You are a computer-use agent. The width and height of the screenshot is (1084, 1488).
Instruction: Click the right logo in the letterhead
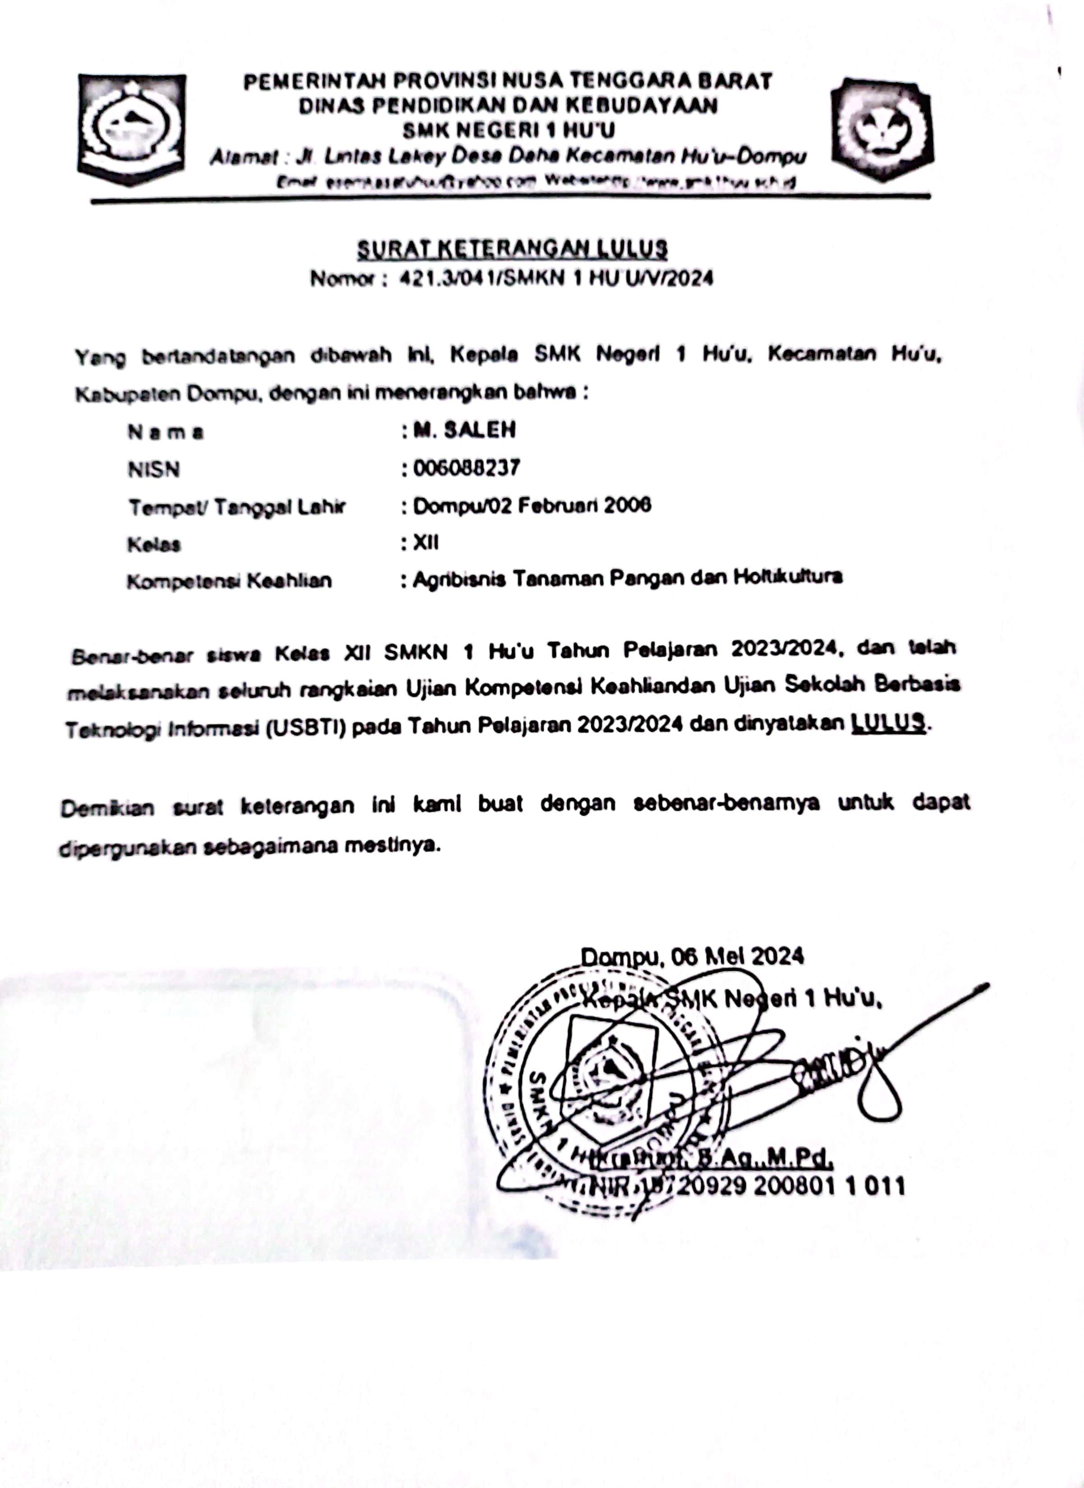882,129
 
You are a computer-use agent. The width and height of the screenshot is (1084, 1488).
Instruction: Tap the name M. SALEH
464,430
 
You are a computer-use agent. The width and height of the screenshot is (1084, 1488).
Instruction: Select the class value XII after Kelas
426,542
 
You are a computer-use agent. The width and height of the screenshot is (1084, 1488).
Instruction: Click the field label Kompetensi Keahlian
229,581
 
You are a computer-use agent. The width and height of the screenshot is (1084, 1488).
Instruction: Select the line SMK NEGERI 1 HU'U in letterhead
509,131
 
